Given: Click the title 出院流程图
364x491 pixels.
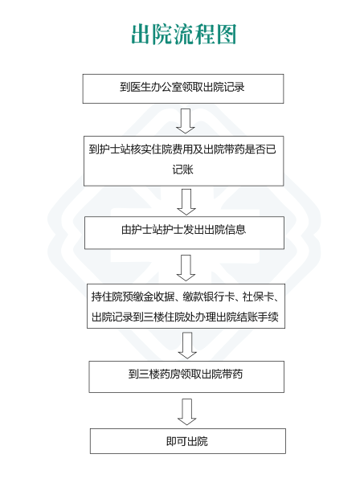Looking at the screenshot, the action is point(183,34).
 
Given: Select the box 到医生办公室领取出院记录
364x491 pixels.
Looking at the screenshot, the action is point(183,88).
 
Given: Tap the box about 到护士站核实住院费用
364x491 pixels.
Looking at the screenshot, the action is point(184,161).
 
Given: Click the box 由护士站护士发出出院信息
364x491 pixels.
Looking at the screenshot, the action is point(184,233).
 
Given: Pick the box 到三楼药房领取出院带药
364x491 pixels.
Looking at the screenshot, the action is point(186,377).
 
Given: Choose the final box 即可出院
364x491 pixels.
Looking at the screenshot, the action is point(188,441).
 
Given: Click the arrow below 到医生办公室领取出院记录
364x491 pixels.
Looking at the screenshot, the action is point(186,121).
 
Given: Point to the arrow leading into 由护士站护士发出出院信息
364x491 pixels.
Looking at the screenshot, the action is point(186,202).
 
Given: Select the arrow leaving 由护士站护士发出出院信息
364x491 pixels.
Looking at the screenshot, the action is point(186,268).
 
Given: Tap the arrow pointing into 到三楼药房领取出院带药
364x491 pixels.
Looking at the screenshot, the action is point(187,346).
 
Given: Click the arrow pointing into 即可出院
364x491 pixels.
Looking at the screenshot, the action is point(187,411).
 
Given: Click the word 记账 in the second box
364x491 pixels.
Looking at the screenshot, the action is point(182,170).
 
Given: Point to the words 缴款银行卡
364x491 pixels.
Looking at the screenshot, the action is point(209,297).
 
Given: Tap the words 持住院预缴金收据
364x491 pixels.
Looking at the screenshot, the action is point(133,297).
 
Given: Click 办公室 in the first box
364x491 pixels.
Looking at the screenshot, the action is point(166,87).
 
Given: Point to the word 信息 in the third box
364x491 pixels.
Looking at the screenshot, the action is point(235,230).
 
